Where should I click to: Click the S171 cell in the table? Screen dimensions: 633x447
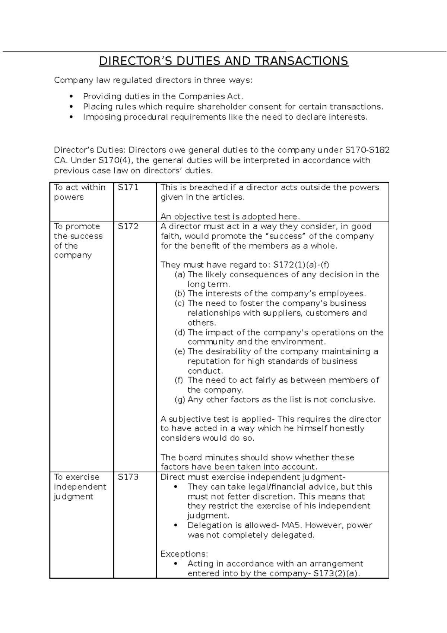(128, 188)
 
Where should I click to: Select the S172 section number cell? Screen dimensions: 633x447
(128, 227)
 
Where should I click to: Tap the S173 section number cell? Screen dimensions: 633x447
(128, 477)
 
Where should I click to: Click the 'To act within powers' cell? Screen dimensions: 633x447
(80, 192)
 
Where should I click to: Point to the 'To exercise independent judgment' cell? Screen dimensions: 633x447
(80, 487)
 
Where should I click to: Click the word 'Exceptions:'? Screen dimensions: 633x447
(184, 554)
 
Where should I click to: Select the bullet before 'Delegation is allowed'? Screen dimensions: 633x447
(176, 525)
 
